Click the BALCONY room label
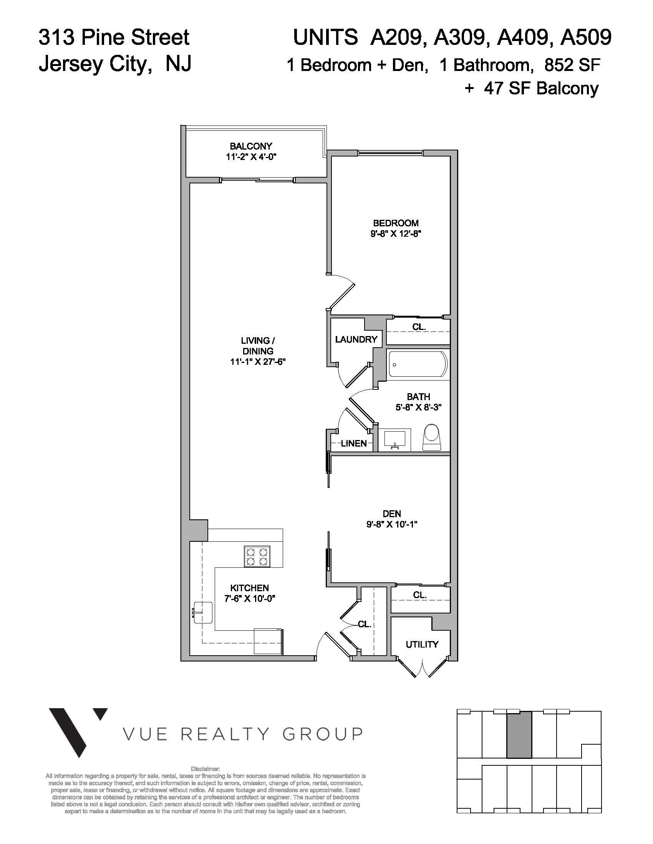(x=251, y=146)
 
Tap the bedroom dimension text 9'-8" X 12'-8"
(x=395, y=233)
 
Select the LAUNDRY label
(x=356, y=339)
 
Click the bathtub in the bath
(x=418, y=364)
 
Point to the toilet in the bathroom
(x=432, y=437)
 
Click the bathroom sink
(x=394, y=439)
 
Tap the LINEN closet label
(x=353, y=443)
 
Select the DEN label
(x=391, y=514)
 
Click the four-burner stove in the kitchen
(x=257, y=556)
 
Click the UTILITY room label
(x=422, y=644)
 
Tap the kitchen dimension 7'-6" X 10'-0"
(x=250, y=598)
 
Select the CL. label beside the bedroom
(x=419, y=326)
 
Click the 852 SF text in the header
(x=572, y=65)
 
